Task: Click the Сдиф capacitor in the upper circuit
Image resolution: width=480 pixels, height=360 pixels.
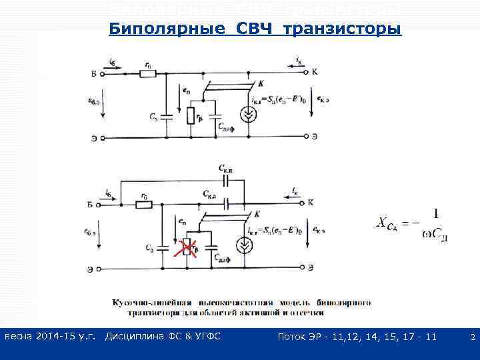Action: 215,119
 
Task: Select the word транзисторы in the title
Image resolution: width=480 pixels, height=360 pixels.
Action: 342,29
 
